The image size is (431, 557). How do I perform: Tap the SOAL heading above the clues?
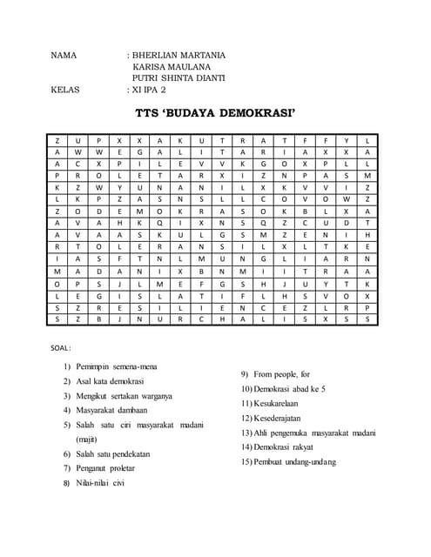point(63,348)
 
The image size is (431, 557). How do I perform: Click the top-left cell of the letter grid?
point(57,140)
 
